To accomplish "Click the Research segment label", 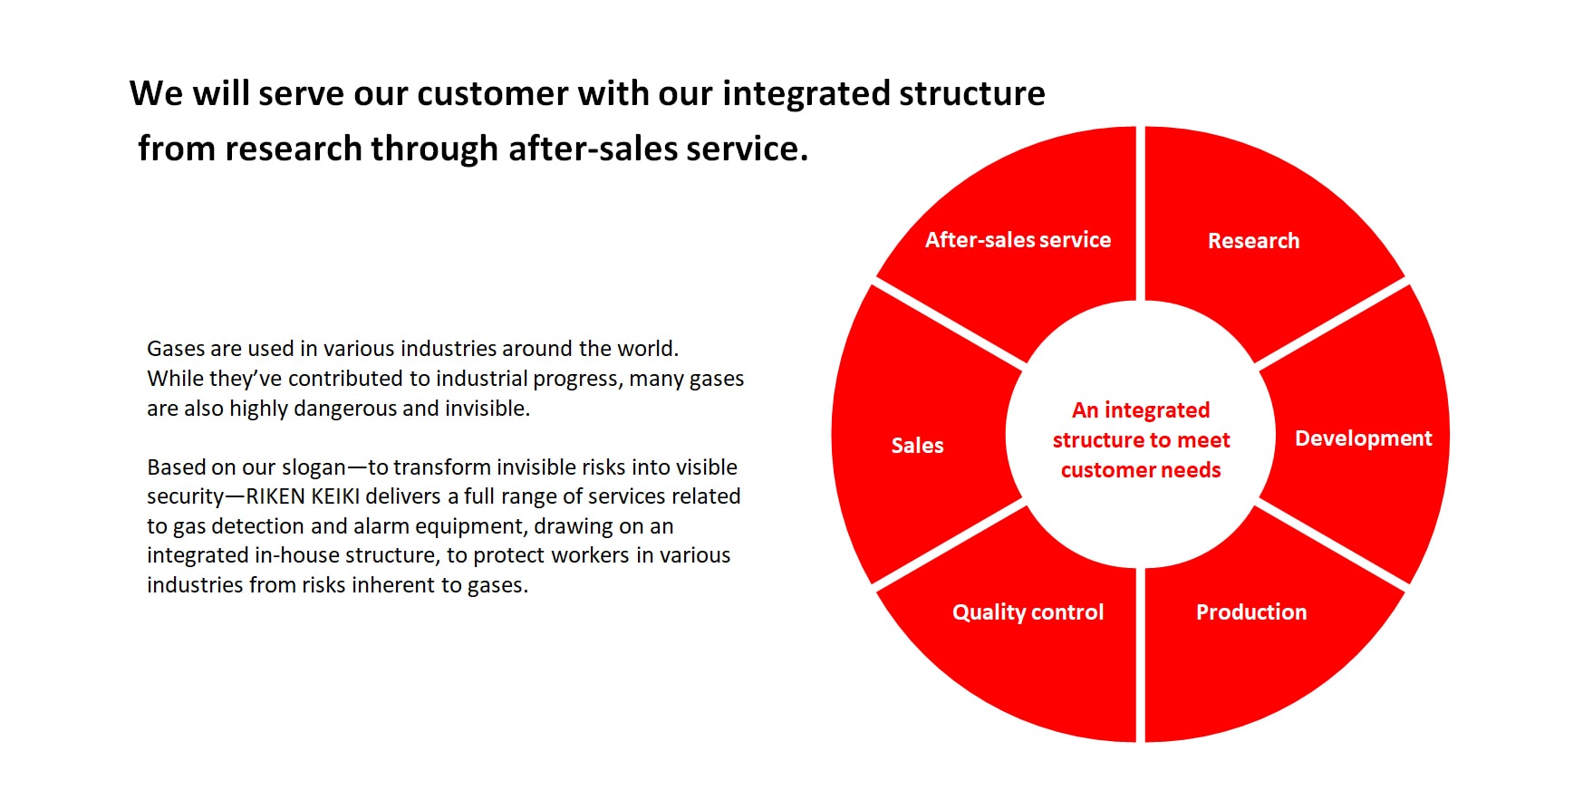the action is pyautogui.click(x=1253, y=241).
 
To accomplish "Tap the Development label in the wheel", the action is pyautogui.click(x=1363, y=438).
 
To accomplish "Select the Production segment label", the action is pyautogui.click(x=1251, y=612).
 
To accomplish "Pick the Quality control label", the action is pyautogui.click(x=1028, y=612).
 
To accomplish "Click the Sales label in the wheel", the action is pyautogui.click(x=917, y=446).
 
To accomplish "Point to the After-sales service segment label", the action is pyautogui.click(x=1018, y=240).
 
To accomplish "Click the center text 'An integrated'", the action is pyautogui.click(x=1141, y=410).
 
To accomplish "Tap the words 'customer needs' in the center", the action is pyautogui.click(x=1141, y=470).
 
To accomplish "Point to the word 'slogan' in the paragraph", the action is pyautogui.click(x=314, y=467).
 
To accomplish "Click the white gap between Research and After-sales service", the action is pyautogui.click(x=1141, y=213).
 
